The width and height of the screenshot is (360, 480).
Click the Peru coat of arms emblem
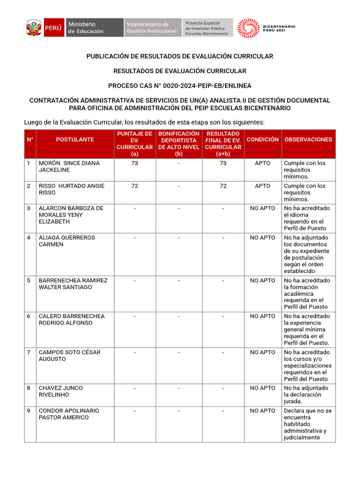(34, 28)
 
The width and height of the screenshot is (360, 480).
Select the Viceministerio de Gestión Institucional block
(152, 28)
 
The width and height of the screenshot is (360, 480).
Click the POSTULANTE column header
(75, 140)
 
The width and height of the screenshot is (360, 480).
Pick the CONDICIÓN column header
(262, 140)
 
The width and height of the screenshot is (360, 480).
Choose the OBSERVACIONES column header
(308, 140)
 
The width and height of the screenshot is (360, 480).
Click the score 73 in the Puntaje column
(135, 163)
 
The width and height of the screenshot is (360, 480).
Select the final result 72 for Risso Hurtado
(223, 186)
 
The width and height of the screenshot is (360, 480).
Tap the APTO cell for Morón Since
(262, 163)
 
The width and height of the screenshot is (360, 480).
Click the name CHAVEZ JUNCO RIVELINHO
(60, 391)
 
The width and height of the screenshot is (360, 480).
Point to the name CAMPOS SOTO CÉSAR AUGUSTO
(69, 355)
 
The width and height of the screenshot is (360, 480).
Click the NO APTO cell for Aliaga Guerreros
(262, 238)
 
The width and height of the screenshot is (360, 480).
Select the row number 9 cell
(29, 411)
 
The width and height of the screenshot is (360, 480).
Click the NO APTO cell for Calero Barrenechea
(262, 316)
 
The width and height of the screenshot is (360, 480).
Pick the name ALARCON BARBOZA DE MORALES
(71, 215)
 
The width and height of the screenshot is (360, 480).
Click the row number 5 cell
(29, 280)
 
